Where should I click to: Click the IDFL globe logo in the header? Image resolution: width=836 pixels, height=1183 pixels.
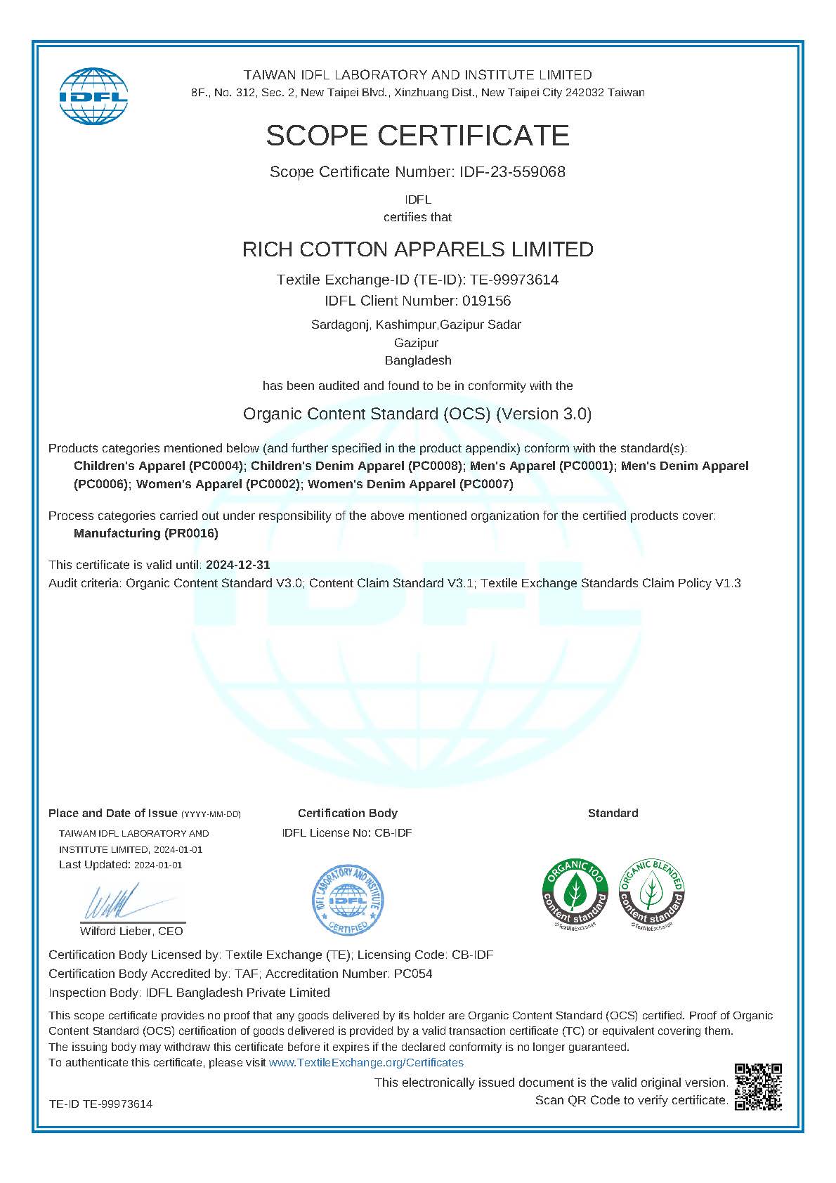(x=93, y=96)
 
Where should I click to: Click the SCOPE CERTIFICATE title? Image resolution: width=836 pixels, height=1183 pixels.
(x=417, y=135)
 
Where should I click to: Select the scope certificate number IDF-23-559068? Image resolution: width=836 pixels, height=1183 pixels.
(x=512, y=172)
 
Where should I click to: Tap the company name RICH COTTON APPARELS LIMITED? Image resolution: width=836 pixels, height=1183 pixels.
(x=417, y=249)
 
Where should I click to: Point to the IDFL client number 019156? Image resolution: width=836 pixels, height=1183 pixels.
(x=486, y=301)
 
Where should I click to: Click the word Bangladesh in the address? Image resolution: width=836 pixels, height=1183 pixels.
(x=417, y=360)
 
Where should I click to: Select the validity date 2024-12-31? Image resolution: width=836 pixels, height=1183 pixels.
(x=237, y=565)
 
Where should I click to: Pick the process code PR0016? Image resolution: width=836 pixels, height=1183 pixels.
(x=191, y=533)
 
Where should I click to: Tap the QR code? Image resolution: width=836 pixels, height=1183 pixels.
(x=758, y=1087)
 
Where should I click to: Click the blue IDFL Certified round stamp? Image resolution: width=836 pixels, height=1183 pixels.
(x=348, y=900)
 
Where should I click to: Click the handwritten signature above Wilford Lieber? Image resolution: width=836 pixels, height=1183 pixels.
(x=112, y=901)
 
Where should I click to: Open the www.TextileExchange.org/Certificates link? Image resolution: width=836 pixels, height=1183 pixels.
(x=366, y=1062)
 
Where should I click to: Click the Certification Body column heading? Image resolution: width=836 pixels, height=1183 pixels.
(x=347, y=813)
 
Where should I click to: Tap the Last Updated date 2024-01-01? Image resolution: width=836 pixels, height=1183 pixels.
(x=158, y=865)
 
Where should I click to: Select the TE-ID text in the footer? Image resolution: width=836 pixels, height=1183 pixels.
(x=100, y=1104)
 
